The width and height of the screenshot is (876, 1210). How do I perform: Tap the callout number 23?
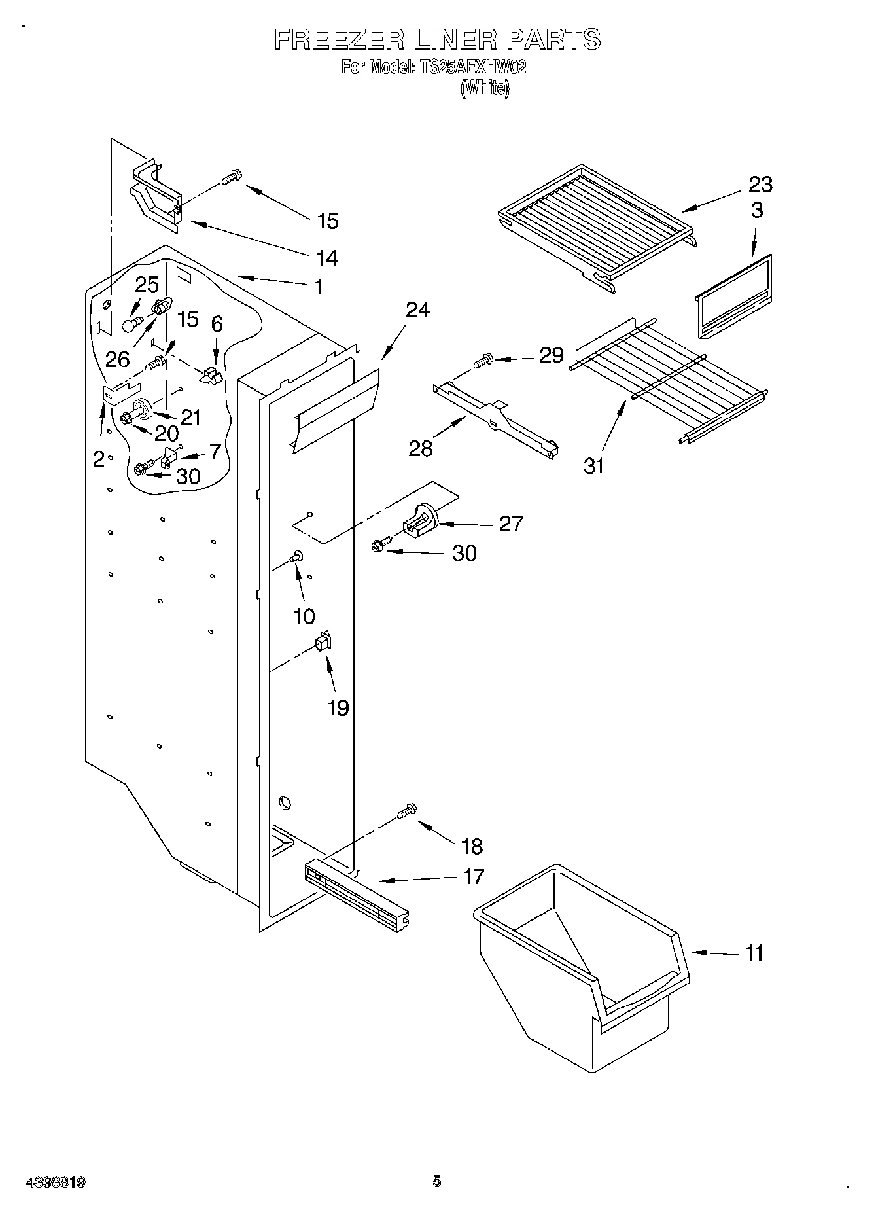click(x=760, y=185)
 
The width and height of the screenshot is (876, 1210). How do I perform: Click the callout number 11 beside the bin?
click(x=754, y=953)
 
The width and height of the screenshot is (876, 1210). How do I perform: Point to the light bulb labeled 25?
click(x=132, y=323)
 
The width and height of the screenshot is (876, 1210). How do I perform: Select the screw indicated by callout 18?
click(x=406, y=811)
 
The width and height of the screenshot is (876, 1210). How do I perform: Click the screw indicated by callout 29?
click(x=483, y=359)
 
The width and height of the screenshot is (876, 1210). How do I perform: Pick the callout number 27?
click(x=511, y=524)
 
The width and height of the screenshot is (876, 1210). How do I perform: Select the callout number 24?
click(x=417, y=310)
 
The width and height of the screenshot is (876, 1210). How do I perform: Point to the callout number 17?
click(x=473, y=876)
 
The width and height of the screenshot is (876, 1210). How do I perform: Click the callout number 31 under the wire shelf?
click(x=593, y=466)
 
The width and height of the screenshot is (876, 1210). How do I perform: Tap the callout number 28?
click(x=421, y=449)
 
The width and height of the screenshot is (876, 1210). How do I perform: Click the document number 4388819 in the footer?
click(x=55, y=1183)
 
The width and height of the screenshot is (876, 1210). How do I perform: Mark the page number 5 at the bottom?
click(x=437, y=1181)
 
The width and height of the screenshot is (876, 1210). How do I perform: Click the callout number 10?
click(x=305, y=616)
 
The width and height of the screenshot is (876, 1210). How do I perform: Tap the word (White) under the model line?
click(x=484, y=88)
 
